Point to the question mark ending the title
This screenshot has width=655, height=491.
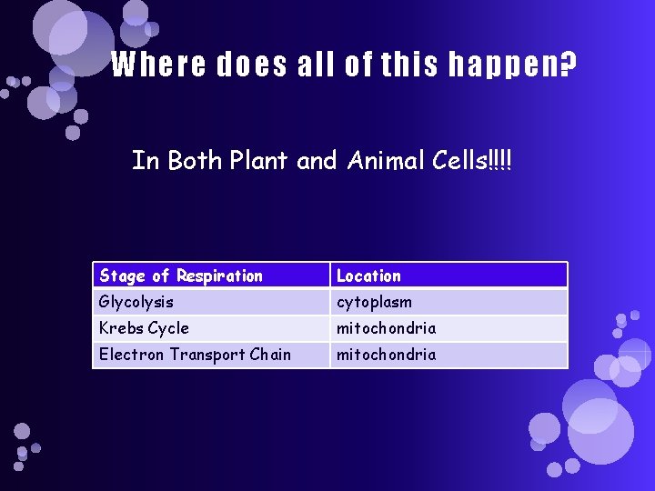(569, 65)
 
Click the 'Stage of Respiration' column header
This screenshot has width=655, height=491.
(181, 276)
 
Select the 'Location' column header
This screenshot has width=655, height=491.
(368, 276)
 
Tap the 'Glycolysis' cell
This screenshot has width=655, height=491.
(136, 302)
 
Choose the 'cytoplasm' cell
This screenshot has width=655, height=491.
(374, 302)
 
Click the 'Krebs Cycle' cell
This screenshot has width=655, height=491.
(144, 328)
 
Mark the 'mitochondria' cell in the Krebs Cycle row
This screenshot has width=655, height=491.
(386, 328)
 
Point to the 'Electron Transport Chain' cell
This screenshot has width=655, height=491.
(195, 355)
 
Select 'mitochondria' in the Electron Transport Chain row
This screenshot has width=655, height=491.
(386, 355)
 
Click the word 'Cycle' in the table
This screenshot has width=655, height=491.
(168, 328)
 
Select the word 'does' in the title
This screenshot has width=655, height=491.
(247, 65)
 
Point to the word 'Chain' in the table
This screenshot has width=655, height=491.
(269, 355)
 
